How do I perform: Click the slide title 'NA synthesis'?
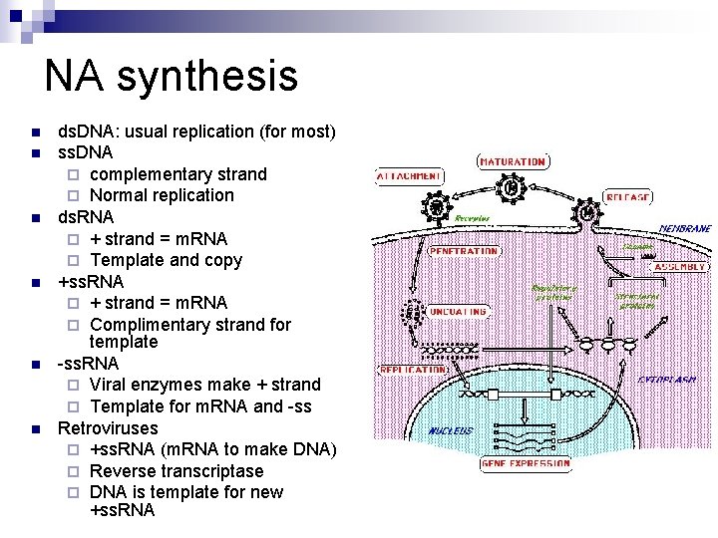point(171,77)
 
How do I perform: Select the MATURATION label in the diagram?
point(512,161)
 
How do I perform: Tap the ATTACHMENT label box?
point(409,176)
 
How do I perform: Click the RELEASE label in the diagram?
point(628,197)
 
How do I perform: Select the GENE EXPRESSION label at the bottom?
point(526,463)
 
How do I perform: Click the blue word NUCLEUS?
point(450,430)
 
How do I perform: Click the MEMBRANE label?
point(684,228)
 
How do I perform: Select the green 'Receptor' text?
point(472,217)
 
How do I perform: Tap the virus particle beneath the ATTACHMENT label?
point(435,207)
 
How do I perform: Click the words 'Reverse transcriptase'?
point(176,470)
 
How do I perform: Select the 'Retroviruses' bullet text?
point(108,428)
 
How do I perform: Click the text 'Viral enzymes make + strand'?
point(204,385)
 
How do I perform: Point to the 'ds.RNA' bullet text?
point(86,216)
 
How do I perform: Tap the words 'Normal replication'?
point(162,195)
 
